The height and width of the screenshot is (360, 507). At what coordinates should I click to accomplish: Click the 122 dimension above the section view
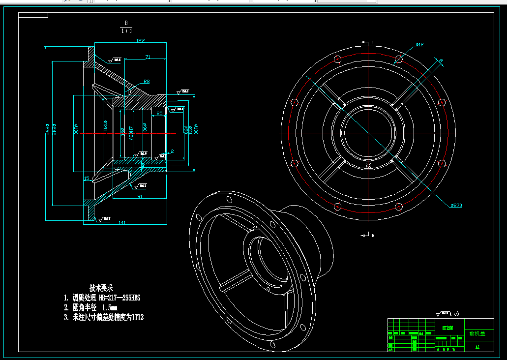tap(141, 41)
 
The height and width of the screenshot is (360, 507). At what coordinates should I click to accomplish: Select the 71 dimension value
tap(148, 57)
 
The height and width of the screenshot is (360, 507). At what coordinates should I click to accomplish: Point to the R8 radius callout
tap(147, 82)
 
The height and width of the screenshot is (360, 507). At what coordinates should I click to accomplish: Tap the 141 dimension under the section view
tap(122, 223)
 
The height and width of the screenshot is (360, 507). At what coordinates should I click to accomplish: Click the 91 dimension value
tap(140, 196)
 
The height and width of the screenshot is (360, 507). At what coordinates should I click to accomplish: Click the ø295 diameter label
tap(47, 129)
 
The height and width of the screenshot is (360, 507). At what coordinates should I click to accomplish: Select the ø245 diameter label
tap(54, 129)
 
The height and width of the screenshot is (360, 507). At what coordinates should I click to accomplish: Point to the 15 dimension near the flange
tap(87, 179)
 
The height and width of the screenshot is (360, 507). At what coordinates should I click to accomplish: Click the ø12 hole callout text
tap(419, 45)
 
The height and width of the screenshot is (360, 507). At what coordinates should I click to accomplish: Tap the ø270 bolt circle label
tap(456, 205)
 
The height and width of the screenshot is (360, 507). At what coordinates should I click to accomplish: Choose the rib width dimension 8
tap(441, 61)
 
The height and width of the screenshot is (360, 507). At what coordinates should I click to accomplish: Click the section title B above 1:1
tap(126, 23)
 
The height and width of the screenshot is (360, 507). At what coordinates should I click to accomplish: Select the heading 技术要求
tap(101, 287)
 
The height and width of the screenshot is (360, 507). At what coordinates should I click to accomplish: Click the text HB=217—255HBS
tap(119, 298)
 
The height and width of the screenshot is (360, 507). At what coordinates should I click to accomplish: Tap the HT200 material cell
tap(447, 328)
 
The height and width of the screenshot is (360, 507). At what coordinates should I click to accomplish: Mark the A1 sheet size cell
tap(477, 347)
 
